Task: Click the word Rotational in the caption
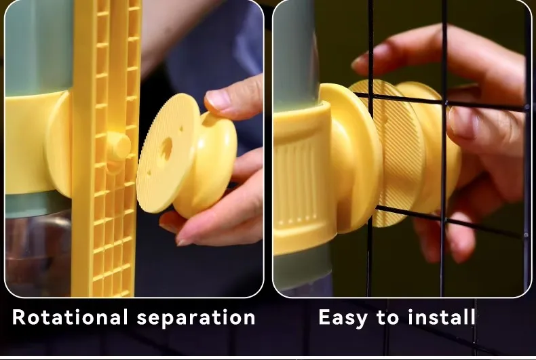(70, 317)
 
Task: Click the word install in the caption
(441, 317)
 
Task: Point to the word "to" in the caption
(387, 318)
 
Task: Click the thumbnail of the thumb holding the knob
(218, 100)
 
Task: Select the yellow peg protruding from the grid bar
(118, 147)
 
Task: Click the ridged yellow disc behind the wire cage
(393, 151)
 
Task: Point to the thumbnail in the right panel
(463, 122)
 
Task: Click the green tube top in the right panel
(295, 55)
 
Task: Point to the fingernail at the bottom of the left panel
(185, 240)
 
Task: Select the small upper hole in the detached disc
(181, 129)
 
